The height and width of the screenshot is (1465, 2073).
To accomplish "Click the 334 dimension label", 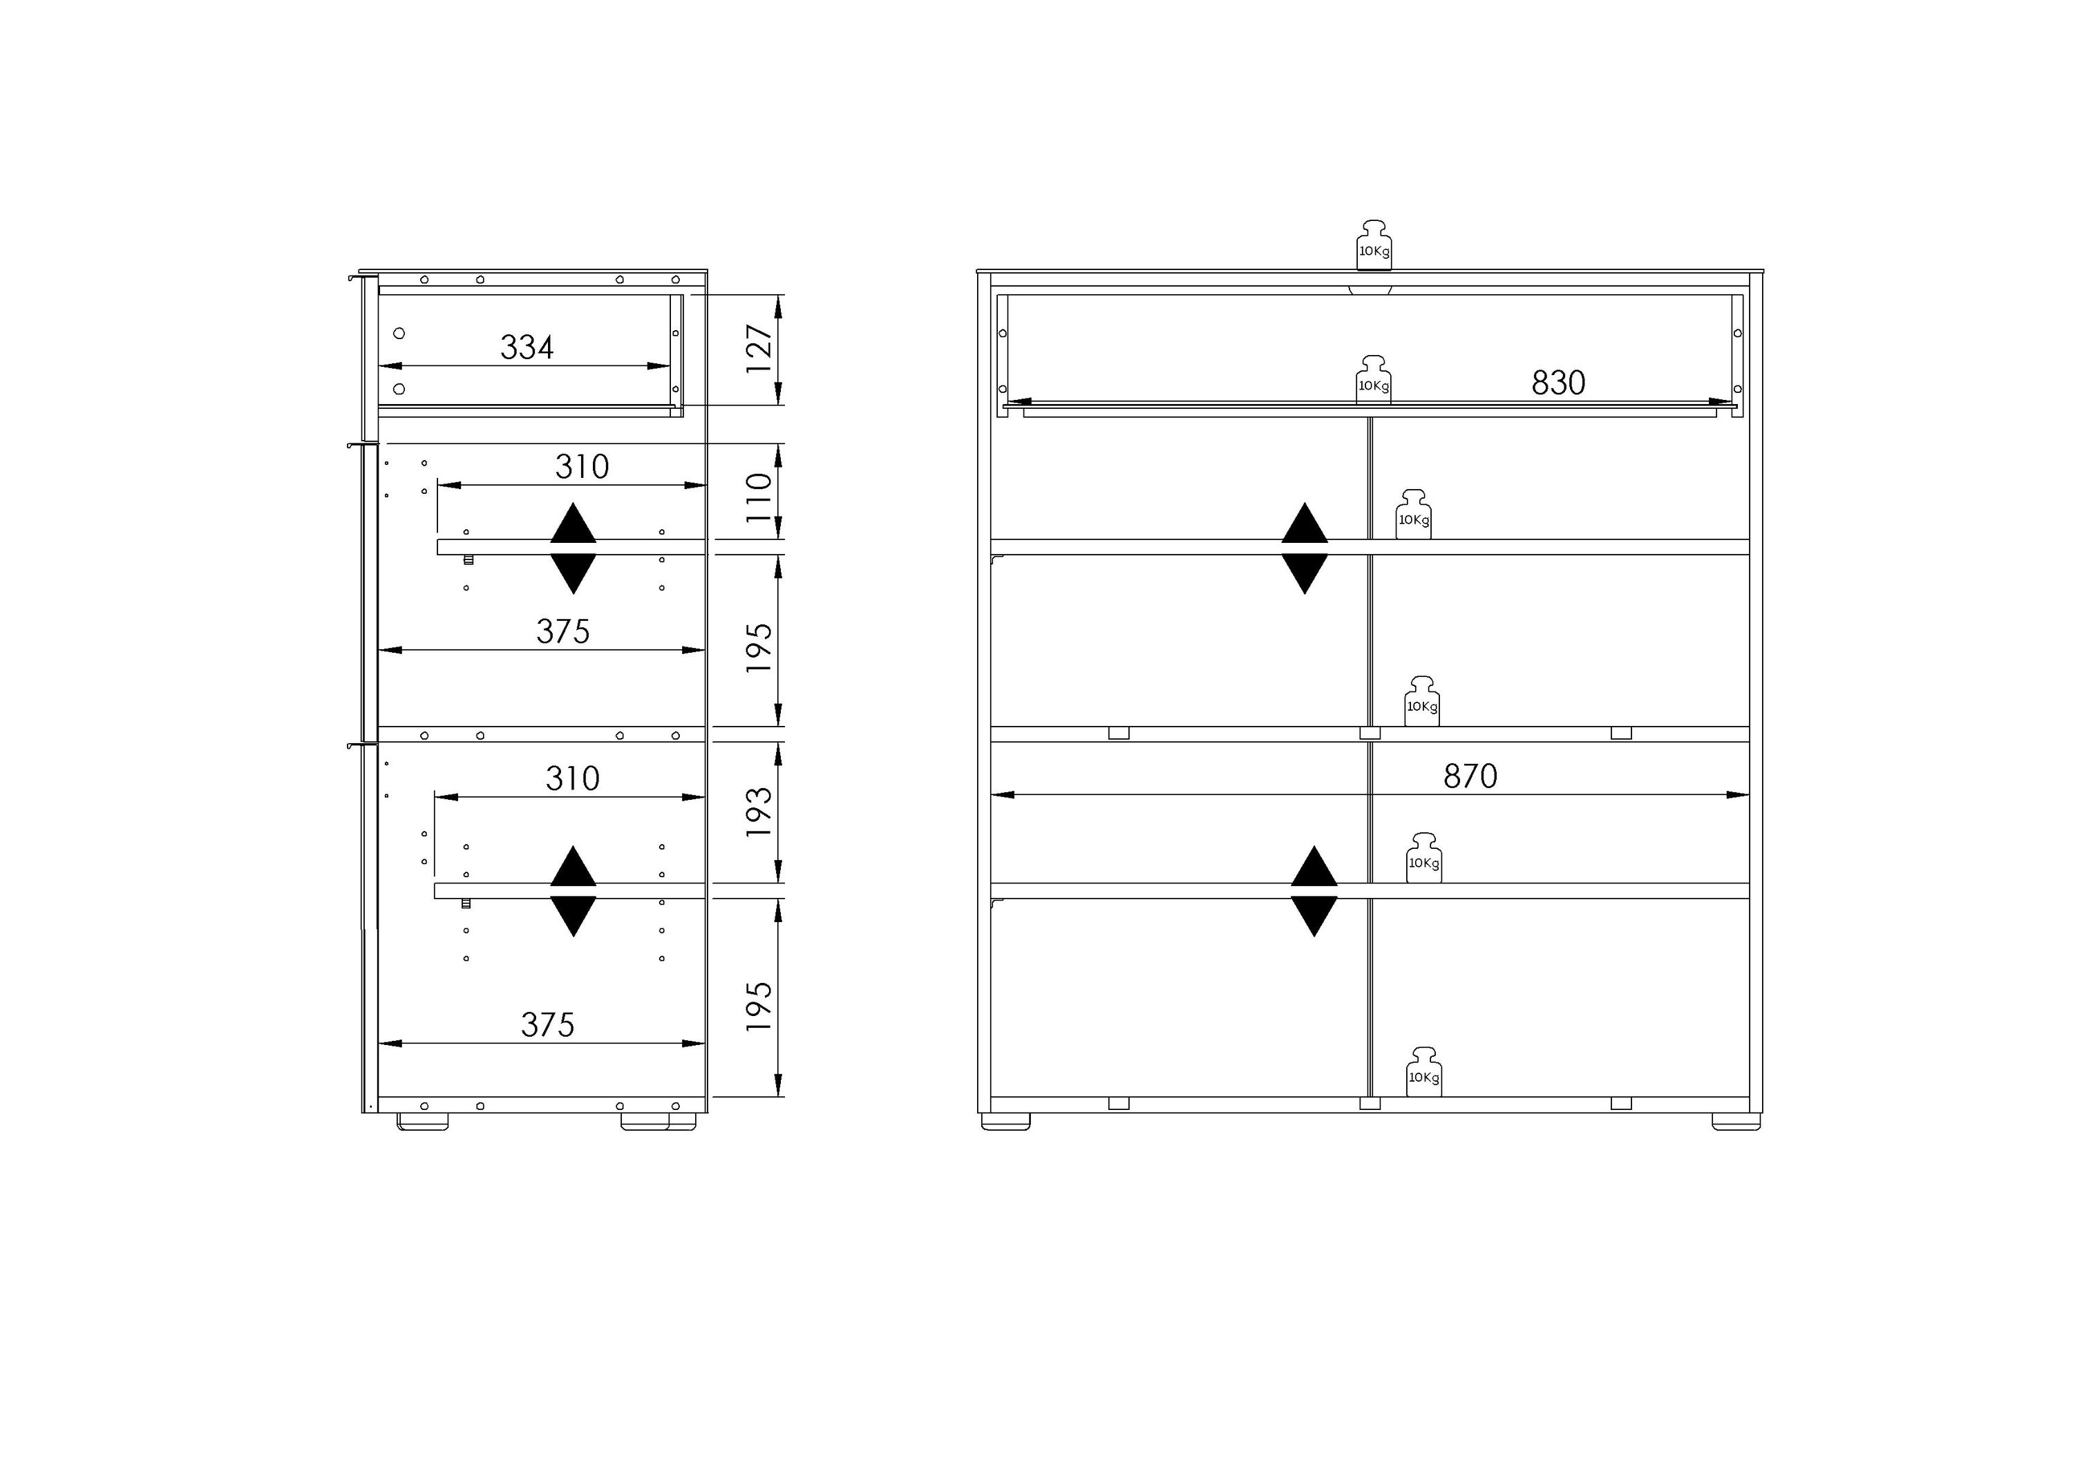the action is [527, 347].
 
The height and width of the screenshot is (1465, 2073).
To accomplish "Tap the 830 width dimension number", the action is [1558, 383].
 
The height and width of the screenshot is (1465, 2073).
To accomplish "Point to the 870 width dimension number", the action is [1470, 776].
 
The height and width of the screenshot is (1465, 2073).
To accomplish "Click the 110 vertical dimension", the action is [759, 497].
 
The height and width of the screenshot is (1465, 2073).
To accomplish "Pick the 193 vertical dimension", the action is [759, 812].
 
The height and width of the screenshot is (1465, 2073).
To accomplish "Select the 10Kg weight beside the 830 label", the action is [1373, 379].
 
